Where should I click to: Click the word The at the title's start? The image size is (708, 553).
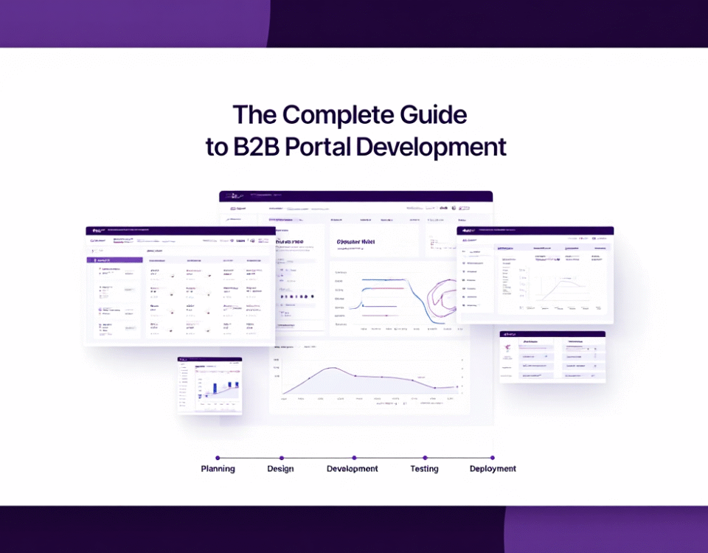coord(254,115)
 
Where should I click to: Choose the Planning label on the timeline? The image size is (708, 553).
coord(218,469)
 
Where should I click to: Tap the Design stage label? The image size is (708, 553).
coord(280,469)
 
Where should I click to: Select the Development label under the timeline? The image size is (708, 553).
coord(352,469)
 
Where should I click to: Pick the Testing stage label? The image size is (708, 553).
coord(424,469)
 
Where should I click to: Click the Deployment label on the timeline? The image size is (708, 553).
coord(493,469)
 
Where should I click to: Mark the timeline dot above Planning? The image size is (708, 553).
coord(218,458)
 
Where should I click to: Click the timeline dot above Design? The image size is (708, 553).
coord(281,458)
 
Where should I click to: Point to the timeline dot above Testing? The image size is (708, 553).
coord(423,458)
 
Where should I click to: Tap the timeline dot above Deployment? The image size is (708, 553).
coord(492,458)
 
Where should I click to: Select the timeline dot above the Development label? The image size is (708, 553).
coord(353,458)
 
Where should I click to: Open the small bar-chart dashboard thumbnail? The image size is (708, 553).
coord(209,385)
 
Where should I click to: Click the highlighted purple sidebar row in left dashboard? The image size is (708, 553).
coord(114,260)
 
